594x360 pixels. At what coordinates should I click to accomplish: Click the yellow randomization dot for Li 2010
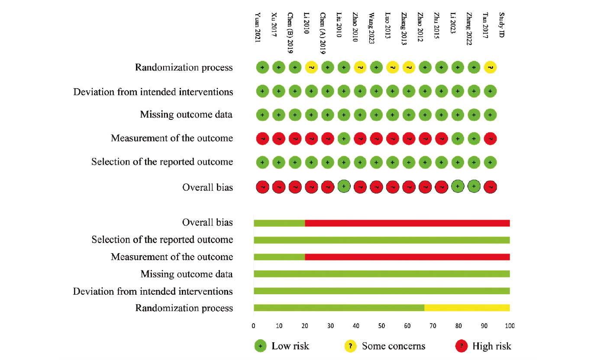click(x=311, y=67)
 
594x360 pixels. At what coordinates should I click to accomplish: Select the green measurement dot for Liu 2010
click(x=344, y=138)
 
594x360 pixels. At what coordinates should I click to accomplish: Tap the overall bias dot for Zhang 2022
click(x=474, y=186)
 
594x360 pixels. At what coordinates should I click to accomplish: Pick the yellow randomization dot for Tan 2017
click(x=490, y=67)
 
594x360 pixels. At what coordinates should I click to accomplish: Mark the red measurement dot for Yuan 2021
click(x=262, y=138)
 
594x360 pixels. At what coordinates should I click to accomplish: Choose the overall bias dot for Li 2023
click(x=458, y=186)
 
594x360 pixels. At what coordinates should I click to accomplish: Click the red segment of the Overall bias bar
click(x=407, y=223)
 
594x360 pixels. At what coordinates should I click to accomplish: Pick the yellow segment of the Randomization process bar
click(x=467, y=308)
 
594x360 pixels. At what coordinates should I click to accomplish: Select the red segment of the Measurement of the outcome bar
click(x=407, y=257)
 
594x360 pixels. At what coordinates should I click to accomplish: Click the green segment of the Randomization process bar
click(x=339, y=308)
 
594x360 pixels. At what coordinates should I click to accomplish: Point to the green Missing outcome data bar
click(x=381, y=274)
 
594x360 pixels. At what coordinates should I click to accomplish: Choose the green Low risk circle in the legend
click(x=260, y=346)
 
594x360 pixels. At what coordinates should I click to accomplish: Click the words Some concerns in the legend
click(x=394, y=346)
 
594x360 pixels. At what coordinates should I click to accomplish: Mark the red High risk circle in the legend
click(x=462, y=346)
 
